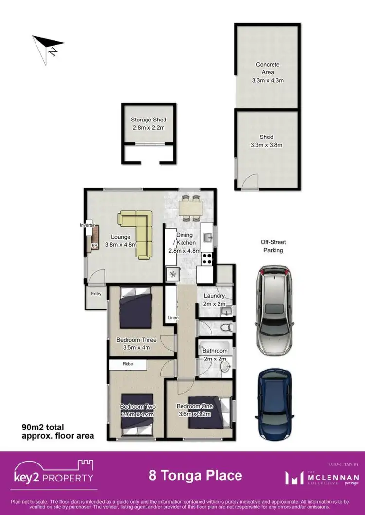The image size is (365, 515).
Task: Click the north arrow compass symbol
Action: tap(48, 45)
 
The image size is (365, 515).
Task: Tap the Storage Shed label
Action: tap(148, 120)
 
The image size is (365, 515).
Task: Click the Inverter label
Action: tap(87, 225)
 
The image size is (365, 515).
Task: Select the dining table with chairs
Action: tap(190, 208)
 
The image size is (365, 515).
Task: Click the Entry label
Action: tap(96, 294)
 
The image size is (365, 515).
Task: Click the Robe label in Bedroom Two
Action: tap(127, 364)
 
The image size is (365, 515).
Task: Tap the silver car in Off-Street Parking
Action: tap(274, 309)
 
